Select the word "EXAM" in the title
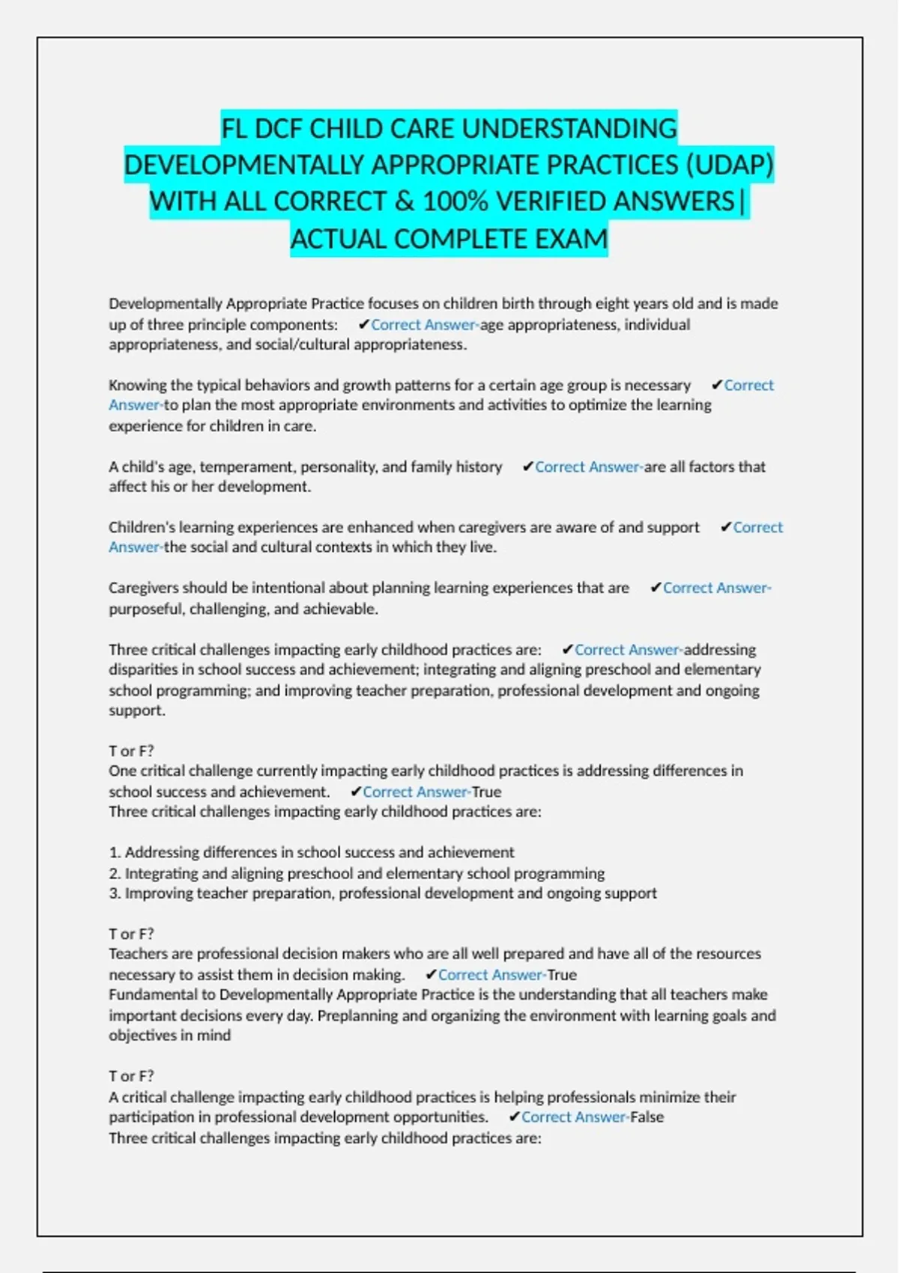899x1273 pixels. tap(570, 239)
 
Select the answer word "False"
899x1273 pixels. tap(647, 1117)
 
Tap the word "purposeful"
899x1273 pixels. tap(145, 609)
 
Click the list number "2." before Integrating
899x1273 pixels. tap(115, 873)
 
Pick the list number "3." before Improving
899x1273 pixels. tap(115, 893)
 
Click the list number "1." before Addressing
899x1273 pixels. tap(115, 852)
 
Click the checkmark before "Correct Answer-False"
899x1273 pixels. tap(514, 1117)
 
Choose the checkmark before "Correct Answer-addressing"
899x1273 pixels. tap(567, 649)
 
